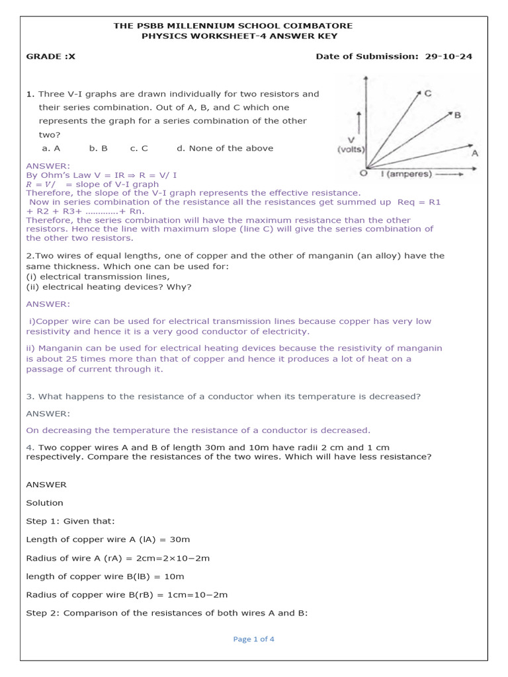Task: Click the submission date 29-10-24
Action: point(448,57)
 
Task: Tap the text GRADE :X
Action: point(51,57)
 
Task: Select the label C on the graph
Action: point(429,93)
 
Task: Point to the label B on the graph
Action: point(457,115)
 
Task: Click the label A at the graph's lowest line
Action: point(474,153)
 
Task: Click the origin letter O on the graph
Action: point(362,174)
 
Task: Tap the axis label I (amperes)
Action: point(404,174)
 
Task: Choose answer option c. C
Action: point(139,148)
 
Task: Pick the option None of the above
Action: point(231,148)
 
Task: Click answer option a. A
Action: point(51,148)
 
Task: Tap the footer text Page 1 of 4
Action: point(254,639)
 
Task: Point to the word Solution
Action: point(45,502)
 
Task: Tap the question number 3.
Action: point(30,396)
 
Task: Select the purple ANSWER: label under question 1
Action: point(47,165)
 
